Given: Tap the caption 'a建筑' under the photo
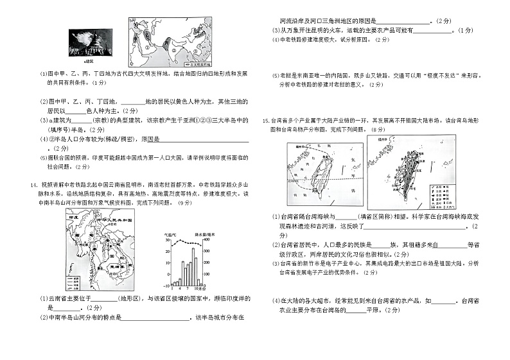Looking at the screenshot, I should point(80,61).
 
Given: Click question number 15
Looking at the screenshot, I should point(265,120).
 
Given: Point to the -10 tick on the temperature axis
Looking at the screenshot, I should point(166,285).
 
